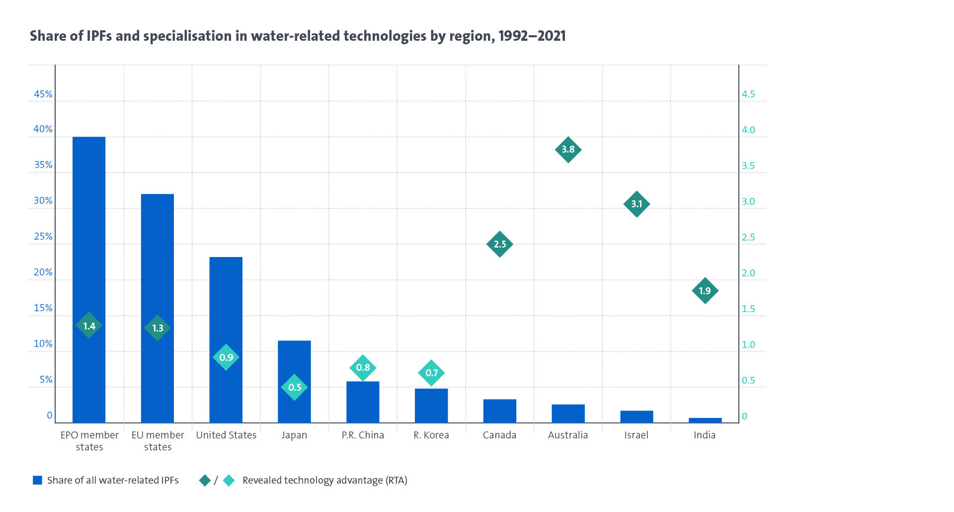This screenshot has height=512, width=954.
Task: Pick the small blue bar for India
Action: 705,421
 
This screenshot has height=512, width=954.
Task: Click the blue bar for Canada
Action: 499,411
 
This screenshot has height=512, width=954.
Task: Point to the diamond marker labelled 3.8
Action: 568,150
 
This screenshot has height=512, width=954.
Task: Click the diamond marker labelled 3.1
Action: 636,204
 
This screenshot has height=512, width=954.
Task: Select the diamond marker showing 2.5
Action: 500,244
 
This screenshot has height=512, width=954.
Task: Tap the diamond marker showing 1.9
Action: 705,291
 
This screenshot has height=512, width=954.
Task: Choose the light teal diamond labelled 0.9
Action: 226,357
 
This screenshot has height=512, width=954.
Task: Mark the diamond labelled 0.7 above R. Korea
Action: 431,373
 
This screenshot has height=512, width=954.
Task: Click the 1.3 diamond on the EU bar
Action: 158,328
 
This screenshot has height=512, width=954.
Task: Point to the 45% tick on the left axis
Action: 43,94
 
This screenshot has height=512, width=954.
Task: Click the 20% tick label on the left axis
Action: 43,272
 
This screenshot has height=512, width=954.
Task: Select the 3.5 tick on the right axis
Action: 748,166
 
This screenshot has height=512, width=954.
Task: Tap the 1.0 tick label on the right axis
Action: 748,344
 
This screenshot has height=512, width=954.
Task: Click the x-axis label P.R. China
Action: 363,435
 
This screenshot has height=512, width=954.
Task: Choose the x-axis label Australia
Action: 568,435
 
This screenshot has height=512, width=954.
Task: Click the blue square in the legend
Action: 37,480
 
